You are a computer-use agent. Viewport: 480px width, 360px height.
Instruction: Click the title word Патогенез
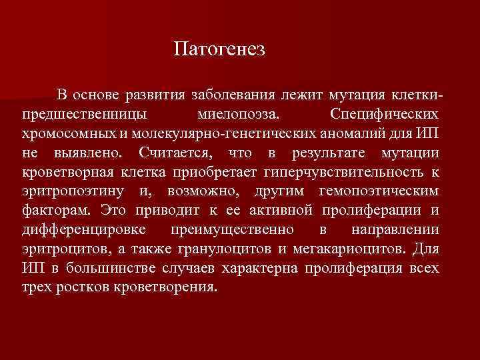(219, 50)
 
